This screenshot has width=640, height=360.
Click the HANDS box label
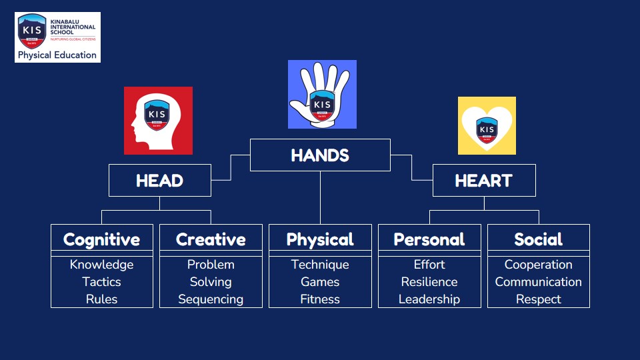pyautogui.click(x=320, y=155)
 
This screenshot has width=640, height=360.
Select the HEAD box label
pyautogui.click(x=159, y=181)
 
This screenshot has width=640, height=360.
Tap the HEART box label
pyautogui.click(x=484, y=181)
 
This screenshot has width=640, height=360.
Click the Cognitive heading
pyautogui.click(x=101, y=239)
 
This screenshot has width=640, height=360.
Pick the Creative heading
pyautogui.click(x=211, y=239)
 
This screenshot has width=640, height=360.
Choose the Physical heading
pyautogui.click(x=320, y=239)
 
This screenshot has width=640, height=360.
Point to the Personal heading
pyautogui.click(x=429, y=239)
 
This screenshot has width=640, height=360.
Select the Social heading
pyautogui.click(x=539, y=239)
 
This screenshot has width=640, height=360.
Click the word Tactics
pyautogui.click(x=101, y=281)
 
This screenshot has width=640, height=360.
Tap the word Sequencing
pyautogui.click(x=211, y=299)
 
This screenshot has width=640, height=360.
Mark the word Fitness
pyautogui.click(x=320, y=299)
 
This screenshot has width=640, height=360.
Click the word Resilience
pyautogui.click(x=429, y=281)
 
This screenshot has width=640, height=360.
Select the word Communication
pyautogui.click(x=539, y=281)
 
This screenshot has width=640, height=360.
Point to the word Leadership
pyautogui.click(x=429, y=299)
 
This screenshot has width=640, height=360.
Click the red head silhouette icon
pyautogui.click(x=159, y=121)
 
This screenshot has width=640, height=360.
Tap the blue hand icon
pyautogui.click(x=322, y=94)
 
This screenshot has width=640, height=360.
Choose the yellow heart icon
pyautogui.click(x=487, y=126)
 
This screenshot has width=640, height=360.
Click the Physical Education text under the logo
pyautogui.click(x=57, y=55)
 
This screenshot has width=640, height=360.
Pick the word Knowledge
pyautogui.click(x=101, y=265)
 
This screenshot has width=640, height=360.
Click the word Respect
pyautogui.click(x=539, y=299)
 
